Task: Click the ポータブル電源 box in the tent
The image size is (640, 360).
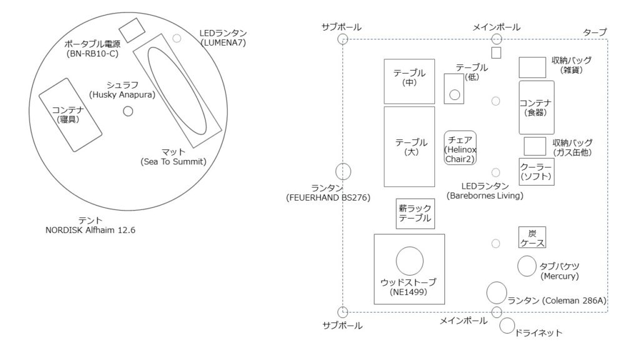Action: (132, 30)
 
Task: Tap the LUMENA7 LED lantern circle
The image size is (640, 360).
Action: (177, 38)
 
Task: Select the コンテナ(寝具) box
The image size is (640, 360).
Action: (70, 115)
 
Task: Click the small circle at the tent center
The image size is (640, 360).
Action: (128, 111)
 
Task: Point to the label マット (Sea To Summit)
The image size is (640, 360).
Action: (174, 157)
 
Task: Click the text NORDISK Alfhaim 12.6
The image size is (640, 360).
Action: (90, 230)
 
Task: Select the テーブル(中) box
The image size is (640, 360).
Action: (409, 81)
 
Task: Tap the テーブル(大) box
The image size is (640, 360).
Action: (409, 147)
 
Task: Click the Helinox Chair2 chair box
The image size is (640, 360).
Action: (460, 147)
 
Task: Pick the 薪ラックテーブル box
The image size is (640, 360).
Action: (415, 214)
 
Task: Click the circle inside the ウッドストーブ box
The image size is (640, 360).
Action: (409, 261)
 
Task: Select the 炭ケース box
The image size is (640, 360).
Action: (532, 237)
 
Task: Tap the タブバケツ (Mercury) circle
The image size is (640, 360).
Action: (527, 266)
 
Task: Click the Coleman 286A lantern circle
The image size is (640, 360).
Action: (497, 292)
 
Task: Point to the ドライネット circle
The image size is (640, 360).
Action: (507, 326)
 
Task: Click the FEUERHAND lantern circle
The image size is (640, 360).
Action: (343, 172)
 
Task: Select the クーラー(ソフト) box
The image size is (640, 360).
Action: (536, 172)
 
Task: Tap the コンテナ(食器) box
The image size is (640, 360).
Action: (536, 107)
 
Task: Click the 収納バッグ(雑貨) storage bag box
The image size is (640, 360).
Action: (532, 67)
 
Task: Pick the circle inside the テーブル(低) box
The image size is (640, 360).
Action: (455, 95)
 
